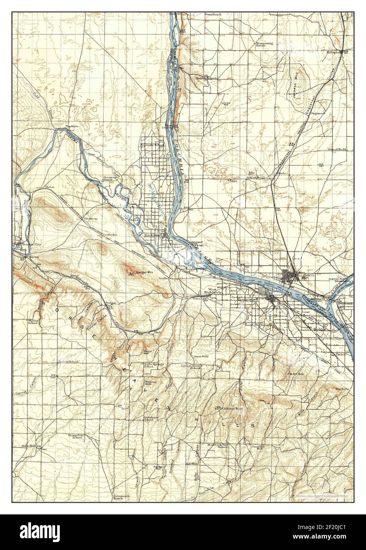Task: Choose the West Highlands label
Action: coord(219,290)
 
